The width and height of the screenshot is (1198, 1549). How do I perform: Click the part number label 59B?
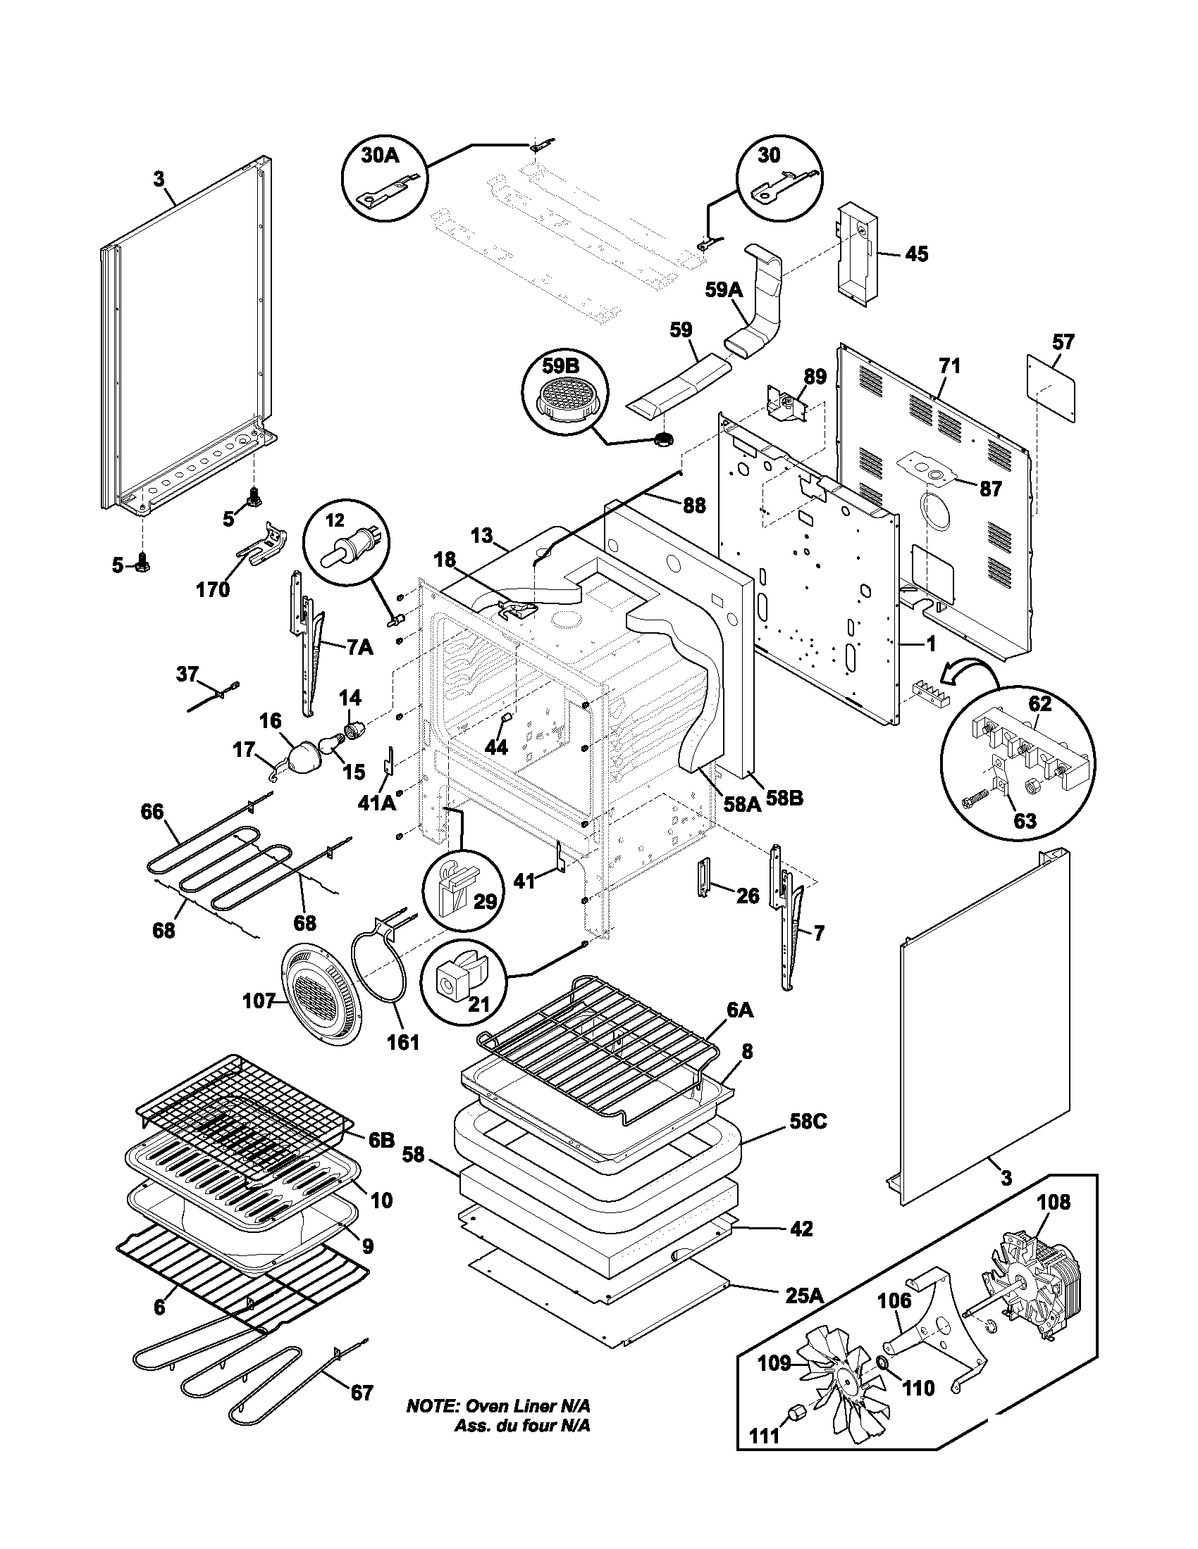[x=560, y=367]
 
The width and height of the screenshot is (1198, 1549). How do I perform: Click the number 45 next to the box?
[x=917, y=254]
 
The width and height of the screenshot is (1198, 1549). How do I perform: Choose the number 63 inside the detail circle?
[x=1025, y=820]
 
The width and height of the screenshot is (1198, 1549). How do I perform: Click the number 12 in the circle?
[x=334, y=520]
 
